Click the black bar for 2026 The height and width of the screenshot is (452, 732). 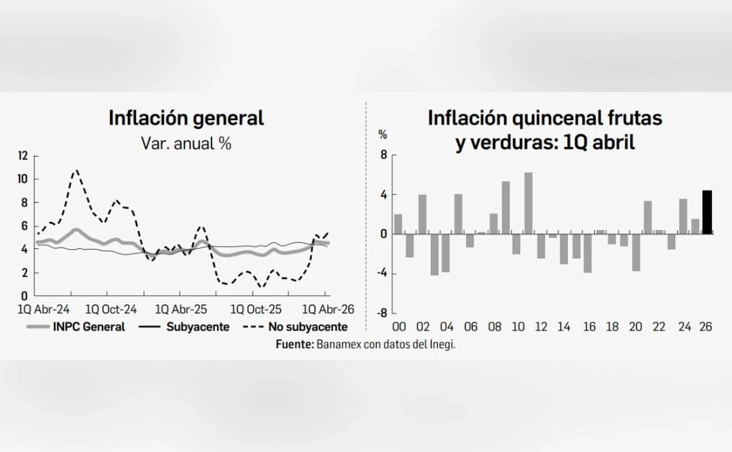pyautogui.click(x=707, y=212)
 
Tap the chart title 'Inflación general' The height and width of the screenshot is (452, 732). pyautogui.click(x=186, y=118)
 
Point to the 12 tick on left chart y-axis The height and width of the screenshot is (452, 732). pyautogui.click(x=23, y=156)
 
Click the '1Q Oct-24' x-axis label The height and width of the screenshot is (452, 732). pyautogui.click(x=112, y=309)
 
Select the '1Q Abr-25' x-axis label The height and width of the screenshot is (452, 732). pyautogui.click(x=182, y=309)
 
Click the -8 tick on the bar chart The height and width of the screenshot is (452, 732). pyautogui.click(x=382, y=313)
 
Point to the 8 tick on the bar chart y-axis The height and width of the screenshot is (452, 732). pyautogui.click(x=384, y=156)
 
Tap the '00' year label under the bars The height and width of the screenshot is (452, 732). pyautogui.click(x=399, y=328)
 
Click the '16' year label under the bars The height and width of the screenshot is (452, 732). pyautogui.click(x=588, y=328)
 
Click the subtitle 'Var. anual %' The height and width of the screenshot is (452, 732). pyautogui.click(x=186, y=144)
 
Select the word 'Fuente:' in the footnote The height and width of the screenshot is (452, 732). pyautogui.click(x=295, y=344)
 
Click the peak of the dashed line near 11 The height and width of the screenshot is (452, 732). pyautogui.click(x=76, y=171)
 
